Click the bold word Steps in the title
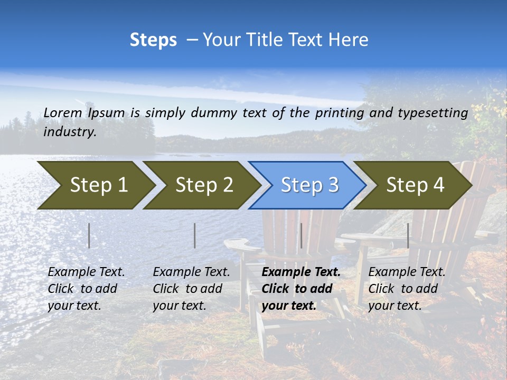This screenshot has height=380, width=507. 153,40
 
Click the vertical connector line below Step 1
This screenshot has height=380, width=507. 89,235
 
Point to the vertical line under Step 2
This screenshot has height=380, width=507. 195,235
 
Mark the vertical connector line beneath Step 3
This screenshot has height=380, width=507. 301,235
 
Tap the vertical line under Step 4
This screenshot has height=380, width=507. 408,235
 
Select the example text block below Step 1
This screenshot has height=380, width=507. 86,289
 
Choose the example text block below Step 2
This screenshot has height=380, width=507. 191,289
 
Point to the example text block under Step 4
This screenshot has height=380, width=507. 407,289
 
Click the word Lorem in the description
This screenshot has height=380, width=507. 63,113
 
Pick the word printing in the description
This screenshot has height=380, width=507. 341,113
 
